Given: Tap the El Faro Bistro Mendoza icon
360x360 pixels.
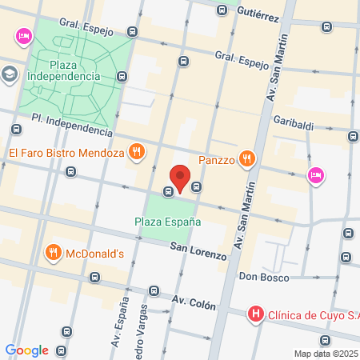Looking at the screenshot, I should tap(138, 150).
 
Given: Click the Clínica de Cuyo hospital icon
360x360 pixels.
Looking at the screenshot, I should tap(255, 314).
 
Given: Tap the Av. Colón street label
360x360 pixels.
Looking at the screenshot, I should tap(193, 304).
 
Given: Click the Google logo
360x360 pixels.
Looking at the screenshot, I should tap(26, 350).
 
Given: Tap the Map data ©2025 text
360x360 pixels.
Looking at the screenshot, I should tap(326, 353).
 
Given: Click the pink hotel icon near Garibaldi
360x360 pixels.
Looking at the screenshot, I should tap(316, 175).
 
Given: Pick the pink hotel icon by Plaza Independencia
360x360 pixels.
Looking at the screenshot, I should tap(23, 36).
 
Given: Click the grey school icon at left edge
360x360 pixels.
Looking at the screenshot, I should tap(9, 74).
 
